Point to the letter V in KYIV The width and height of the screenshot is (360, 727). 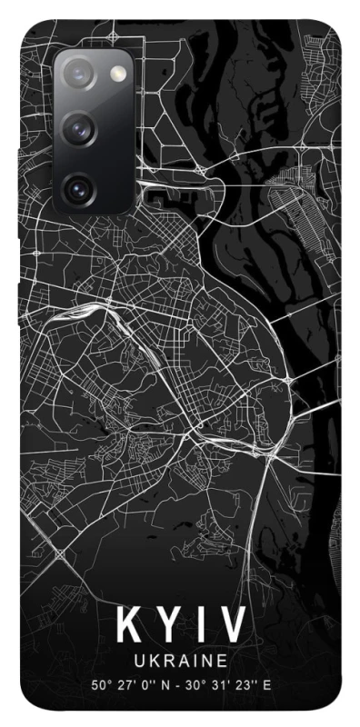click(231, 626)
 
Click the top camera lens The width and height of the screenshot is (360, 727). click(77, 73)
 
